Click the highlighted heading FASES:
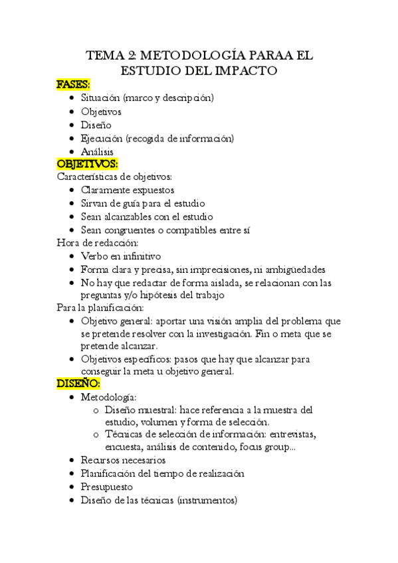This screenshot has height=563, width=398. [74, 84]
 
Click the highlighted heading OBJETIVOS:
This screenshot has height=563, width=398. [87, 164]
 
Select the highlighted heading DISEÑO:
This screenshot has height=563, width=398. [78, 384]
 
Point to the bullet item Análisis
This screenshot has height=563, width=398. [97, 152]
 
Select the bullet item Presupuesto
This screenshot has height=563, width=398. [106, 487]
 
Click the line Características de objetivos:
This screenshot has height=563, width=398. [115, 177]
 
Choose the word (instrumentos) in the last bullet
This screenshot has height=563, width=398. [207, 500]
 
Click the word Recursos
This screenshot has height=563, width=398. [100, 460]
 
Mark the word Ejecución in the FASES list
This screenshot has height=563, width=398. [102, 138]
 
